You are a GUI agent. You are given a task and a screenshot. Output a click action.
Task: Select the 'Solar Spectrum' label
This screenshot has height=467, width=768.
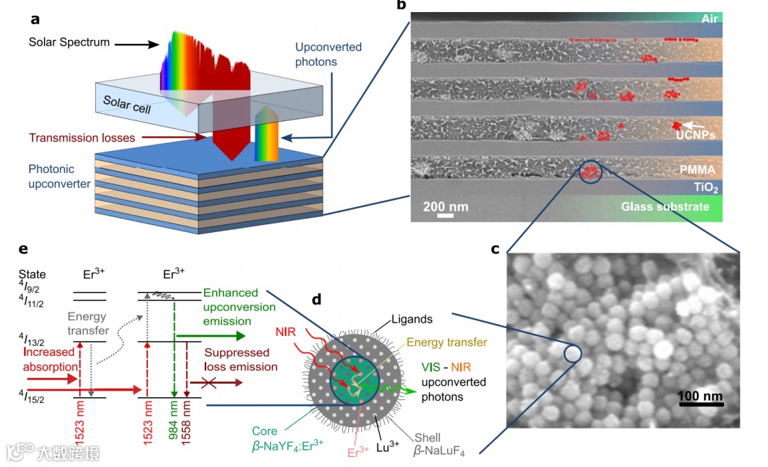(69, 42)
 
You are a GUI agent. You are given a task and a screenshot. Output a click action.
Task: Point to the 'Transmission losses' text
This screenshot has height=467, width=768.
(81, 137)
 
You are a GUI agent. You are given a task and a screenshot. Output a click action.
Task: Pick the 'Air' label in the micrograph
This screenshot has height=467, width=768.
(709, 19)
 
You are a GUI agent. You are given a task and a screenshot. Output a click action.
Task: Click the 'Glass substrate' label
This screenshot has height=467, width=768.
(665, 206)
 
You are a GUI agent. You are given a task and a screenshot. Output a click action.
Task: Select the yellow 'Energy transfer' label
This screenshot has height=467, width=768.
(447, 343)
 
